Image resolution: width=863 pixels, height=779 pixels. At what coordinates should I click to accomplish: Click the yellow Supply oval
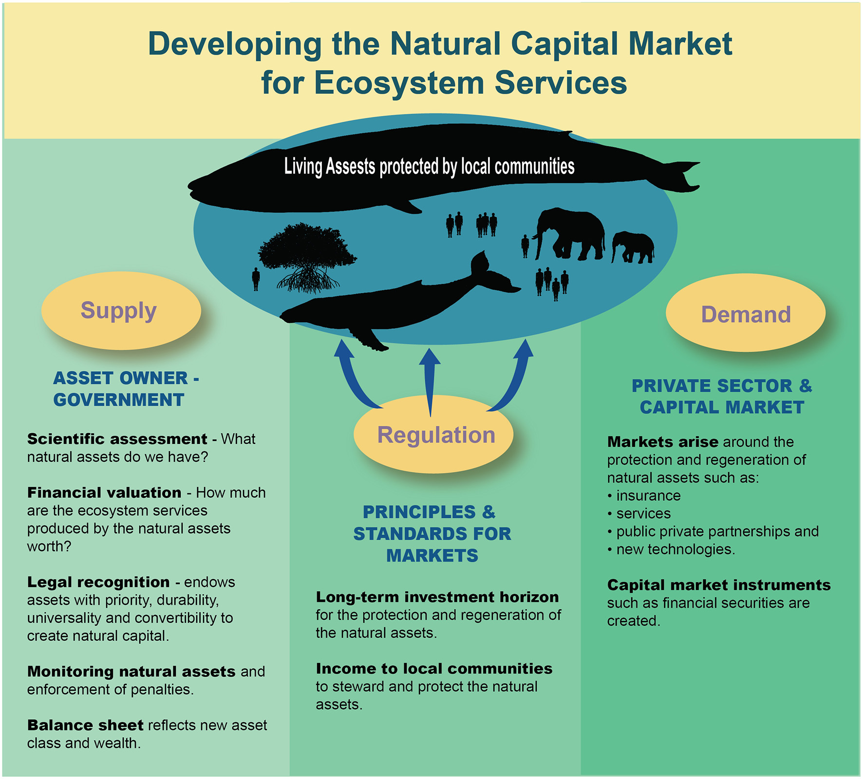pyautogui.click(x=121, y=311)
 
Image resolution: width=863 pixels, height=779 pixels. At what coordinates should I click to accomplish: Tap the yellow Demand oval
pyautogui.click(x=745, y=314)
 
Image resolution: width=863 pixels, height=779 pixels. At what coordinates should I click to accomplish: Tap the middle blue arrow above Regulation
pyautogui.click(x=430, y=380)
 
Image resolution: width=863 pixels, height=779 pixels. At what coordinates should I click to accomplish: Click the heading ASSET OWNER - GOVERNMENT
pyautogui.click(x=126, y=389)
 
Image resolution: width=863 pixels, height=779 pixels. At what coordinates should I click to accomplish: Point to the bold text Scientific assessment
pyautogui.click(x=117, y=439)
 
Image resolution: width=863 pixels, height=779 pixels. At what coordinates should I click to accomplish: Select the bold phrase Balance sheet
pyautogui.click(x=85, y=725)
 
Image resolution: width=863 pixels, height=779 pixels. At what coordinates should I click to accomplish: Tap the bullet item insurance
pyautogui.click(x=648, y=496)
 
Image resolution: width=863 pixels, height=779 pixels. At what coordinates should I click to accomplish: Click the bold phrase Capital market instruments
pyautogui.click(x=718, y=585)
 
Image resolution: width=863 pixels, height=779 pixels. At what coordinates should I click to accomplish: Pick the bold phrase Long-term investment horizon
pyautogui.click(x=437, y=597)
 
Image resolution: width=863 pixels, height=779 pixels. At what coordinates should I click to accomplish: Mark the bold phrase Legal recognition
pyautogui.click(x=98, y=582)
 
